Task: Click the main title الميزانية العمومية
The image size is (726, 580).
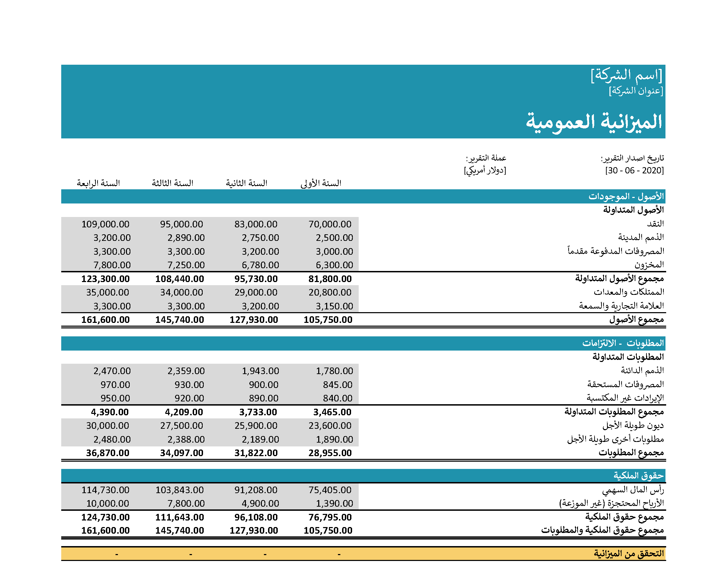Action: click(x=594, y=122)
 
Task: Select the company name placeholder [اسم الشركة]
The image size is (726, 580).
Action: click(x=626, y=75)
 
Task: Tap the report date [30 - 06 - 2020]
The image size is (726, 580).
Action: click(x=634, y=170)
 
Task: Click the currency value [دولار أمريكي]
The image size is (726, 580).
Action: click(x=485, y=170)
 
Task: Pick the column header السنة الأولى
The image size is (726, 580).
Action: click(x=321, y=183)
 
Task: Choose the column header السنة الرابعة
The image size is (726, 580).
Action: click(x=98, y=183)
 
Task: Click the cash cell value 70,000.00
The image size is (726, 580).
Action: click(x=330, y=224)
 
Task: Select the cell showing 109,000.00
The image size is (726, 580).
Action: click(x=105, y=224)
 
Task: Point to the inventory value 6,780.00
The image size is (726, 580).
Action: click(x=260, y=265)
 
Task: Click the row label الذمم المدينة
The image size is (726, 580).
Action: click(x=641, y=237)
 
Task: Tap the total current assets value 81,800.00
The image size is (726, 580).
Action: click(x=330, y=279)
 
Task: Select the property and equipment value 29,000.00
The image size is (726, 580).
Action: click(x=256, y=292)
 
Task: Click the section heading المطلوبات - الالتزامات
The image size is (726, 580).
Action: click(x=623, y=343)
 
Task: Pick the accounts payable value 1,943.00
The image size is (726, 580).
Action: click(x=260, y=371)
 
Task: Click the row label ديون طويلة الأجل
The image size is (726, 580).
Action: click(x=633, y=425)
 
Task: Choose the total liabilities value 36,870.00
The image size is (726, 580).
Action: click(x=108, y=453)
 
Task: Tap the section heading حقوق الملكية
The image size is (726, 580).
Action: click(x=638, y=476)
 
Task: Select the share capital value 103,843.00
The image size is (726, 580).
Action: click(x=180, y=490)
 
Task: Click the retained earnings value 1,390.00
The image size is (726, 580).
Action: click(x=334, y=504)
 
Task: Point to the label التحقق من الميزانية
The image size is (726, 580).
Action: click(x=629, y=554)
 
